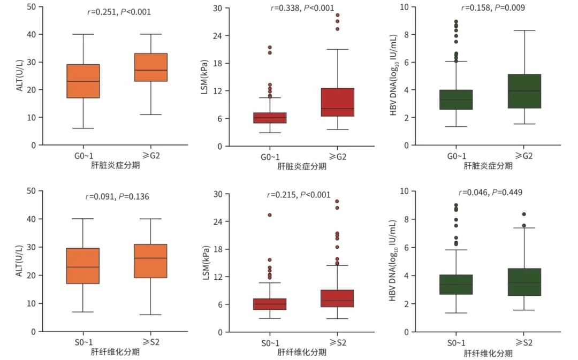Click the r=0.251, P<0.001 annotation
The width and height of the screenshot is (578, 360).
click(x=119, y=11)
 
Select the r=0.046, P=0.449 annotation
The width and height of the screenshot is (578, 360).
click(x=490, y=193)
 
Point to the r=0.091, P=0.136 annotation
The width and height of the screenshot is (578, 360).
click(x=117, y=196)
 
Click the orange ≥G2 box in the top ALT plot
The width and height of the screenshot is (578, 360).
click(x=150, y=67)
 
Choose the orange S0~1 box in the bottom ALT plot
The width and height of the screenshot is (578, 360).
click(x=83, y=266)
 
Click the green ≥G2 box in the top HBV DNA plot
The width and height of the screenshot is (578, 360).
click(x=524, y=91)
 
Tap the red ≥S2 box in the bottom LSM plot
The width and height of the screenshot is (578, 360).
click(x=337, y=298)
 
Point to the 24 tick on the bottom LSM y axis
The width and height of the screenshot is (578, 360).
click(x=218, y=221)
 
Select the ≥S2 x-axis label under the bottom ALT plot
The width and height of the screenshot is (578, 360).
click(x=150, y=342)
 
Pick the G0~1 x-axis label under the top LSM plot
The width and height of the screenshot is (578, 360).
click(x=270, y=156)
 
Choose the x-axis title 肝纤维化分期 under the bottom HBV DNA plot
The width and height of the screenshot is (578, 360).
click(x=488, y=353)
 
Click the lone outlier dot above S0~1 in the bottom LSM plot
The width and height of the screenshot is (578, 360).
click(x=270, y=215)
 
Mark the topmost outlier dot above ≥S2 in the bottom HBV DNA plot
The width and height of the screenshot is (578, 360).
click(x=524, y=215)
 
